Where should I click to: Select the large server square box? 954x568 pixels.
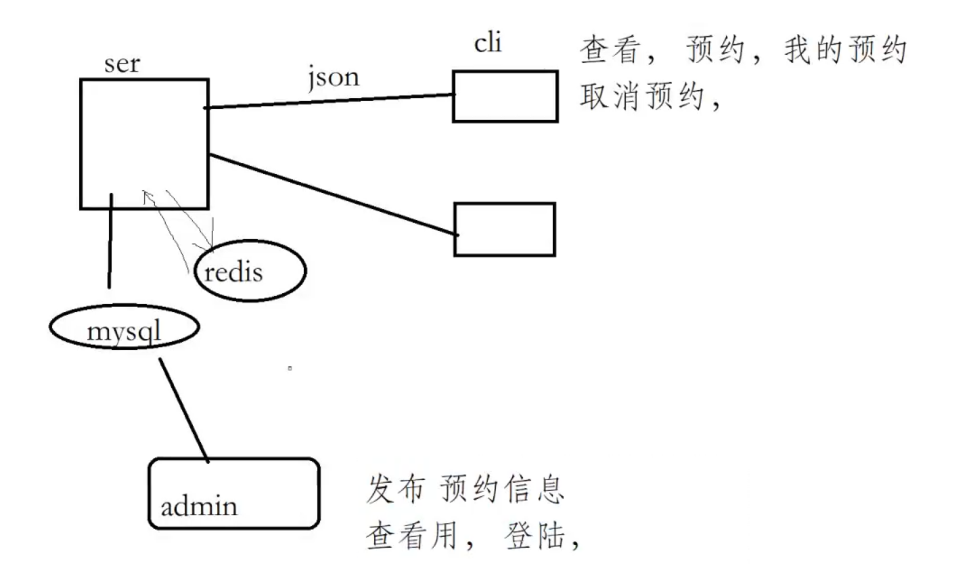pos(143,143)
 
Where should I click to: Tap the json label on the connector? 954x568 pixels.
pos(332,78)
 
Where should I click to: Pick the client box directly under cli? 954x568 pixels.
pos(505,95)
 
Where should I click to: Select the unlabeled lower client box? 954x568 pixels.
pos(505,229)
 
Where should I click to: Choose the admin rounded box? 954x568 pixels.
pos(233,493)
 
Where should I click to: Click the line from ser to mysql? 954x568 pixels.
pos(110,240)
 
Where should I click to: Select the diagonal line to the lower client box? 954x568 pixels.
pos(332,195)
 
